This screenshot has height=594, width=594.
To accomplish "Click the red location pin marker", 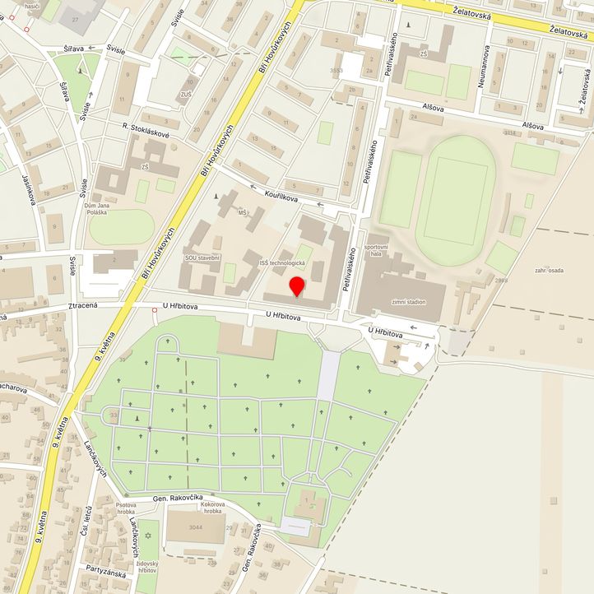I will click(x=297, y=287).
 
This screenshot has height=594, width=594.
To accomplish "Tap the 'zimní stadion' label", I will click(x=409, y=302).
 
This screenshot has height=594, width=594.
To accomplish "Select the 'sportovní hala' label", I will click(x=376, y=251).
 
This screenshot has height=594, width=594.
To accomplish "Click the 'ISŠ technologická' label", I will click(x=282, y=263).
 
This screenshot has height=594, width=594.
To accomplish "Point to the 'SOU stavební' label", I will click(x=202, y=258).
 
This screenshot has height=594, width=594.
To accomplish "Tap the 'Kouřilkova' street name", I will click(x=285, y=195).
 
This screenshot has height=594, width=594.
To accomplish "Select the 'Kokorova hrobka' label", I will click(x=211, y=508).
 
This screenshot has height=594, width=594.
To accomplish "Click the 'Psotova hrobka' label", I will click(x=126, y=508).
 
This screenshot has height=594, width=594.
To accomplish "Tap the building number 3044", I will click(x=194, y=527).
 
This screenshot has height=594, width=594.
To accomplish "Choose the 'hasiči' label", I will click(x=33, y=6).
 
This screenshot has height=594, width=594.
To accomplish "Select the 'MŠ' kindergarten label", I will click(x=243, y=213).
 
